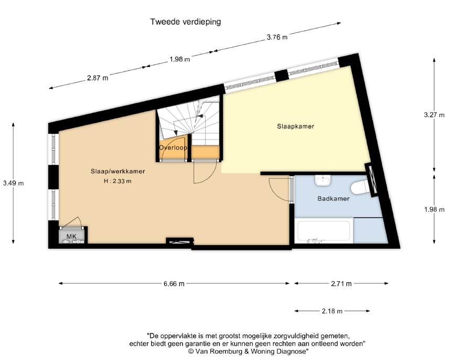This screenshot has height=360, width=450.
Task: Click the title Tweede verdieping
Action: [186, 22]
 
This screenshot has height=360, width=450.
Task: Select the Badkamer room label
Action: [333, 199]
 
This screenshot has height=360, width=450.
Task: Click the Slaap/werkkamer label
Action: [117, 172]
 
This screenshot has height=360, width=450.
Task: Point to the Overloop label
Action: [174, 148]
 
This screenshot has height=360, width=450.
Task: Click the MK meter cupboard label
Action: [71, 236]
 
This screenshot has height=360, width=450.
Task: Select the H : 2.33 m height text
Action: [117, 182]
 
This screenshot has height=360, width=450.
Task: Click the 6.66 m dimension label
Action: [174, 284]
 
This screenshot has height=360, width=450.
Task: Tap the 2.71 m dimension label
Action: [341, 284]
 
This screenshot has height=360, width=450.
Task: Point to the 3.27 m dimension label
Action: [436, 114]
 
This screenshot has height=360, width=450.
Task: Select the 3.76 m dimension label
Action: [277, 37]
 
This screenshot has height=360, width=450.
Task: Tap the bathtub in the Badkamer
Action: [323, 231]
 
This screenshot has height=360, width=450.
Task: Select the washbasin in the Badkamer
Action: [323, 181]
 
